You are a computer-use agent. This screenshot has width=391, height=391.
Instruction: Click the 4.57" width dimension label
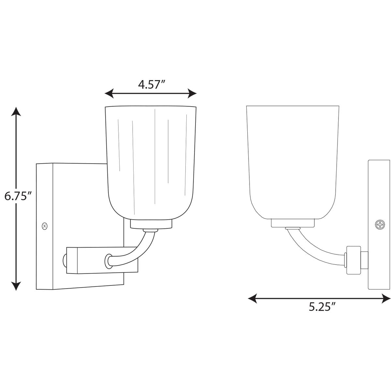pyautogui.click(x=152, y=84)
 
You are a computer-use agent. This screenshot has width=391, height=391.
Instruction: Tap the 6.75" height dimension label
pyautogui.click(x=18, y=196)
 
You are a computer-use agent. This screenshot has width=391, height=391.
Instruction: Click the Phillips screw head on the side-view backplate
pyautogui.click(x=380, y=225)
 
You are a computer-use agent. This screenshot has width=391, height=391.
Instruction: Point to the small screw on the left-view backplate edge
pyautogui.click(x=45, y=226)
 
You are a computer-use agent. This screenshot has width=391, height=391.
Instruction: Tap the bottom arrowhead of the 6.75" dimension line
pyautogui.click(x=16, y=286)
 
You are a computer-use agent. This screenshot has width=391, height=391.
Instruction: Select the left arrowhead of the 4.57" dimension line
pyautogui.click(x=109, y=93)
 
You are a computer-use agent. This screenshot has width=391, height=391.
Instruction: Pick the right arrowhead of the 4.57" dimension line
pyautogui.click(x=192, y=93)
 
